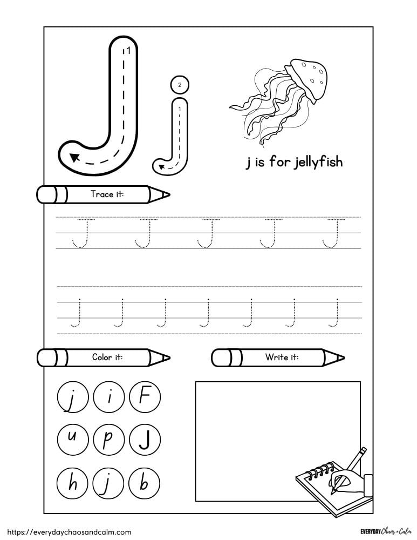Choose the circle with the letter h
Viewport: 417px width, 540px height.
point(71,482)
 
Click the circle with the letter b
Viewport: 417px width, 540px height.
point(143,482)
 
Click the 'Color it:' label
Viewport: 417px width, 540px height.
point(107,357)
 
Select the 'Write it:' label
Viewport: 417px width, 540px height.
point(282,357)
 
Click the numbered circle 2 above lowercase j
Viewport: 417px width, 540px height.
point(180,85)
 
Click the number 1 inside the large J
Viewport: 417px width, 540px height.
point(128,51)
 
